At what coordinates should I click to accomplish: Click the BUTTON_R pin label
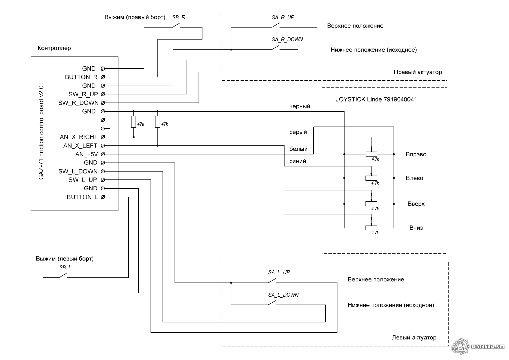[x=81, y=77]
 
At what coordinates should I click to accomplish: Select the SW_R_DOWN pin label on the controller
[x=78, y=103]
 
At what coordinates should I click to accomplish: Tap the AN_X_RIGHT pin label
[x=79, y=137]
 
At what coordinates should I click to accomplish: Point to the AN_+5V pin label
[x=87, y=154]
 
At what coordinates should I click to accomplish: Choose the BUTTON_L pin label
[x=82, y=197]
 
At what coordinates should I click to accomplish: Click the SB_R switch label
[x=179, y=18]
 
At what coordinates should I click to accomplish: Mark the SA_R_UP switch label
[x=283, y=18]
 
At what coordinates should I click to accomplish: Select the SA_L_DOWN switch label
[x=283, y=295]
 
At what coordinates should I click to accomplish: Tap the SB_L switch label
[x=65, y=268]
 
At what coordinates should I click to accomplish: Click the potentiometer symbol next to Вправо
[x=371, y=154]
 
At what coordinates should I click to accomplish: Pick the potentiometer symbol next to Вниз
[x=371, y=228]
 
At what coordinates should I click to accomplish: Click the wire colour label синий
[x=298, y=161]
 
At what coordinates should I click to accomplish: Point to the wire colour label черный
[x=300, y=106]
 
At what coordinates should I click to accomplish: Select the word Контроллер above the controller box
[x=54, y=48]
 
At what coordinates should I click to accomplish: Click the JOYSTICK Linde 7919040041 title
[x=376, y=99]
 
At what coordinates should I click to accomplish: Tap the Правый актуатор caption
[x=418, y=72]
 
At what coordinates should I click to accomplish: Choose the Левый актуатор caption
[x=414, y=338]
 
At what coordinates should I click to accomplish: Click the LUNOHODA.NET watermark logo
[x=478, y=347]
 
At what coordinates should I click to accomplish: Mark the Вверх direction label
[x=416, y=204]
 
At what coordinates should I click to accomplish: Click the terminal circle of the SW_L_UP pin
[x=103, y=180]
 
